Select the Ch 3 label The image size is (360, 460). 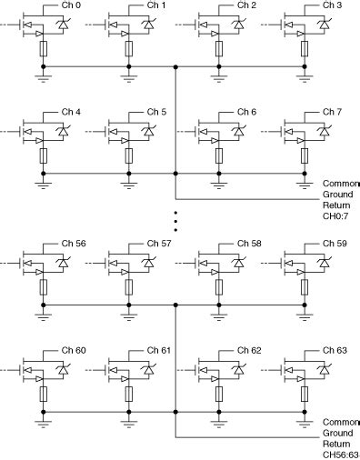coord(333,5)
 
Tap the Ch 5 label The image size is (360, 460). coord(158,112)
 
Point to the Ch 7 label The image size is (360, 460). coord(333,112)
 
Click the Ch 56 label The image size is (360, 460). coord(74,244)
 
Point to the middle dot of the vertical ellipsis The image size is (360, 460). coord(175,220)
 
